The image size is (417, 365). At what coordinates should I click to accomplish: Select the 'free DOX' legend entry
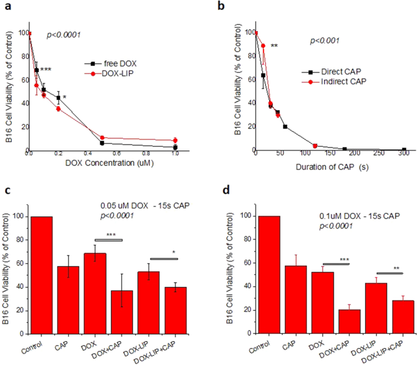click(x=112, y=63)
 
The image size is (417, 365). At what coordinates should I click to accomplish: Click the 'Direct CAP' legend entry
click(x=331, y=71)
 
